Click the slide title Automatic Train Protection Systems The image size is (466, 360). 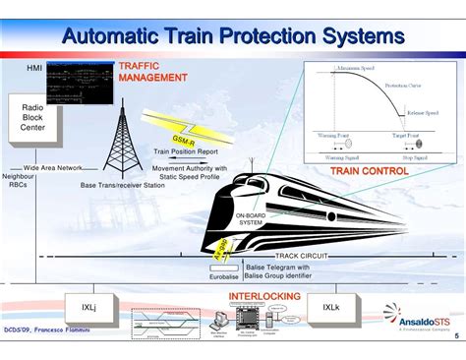[x=233, y=35]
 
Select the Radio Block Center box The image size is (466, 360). [x=32, y=118]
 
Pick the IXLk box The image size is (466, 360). [x=330, y=307]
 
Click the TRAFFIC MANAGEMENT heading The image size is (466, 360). [x=152, y=72]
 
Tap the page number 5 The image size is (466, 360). [x=455, y=335]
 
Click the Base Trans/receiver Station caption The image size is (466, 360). [x=123, y=185]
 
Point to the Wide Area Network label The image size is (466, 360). [x=53, y=167]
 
